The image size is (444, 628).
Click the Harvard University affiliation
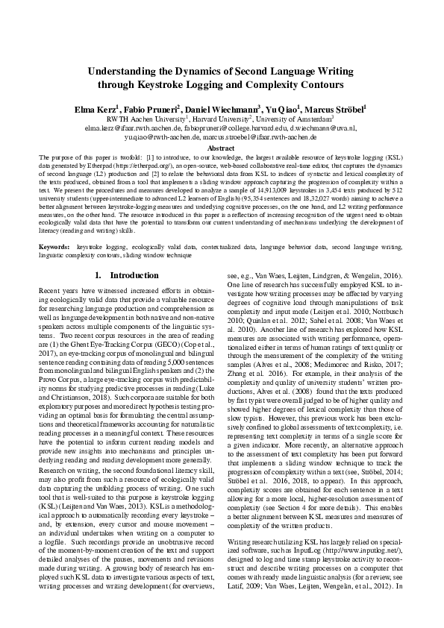[220, 119]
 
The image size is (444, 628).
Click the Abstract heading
[222, 148]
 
